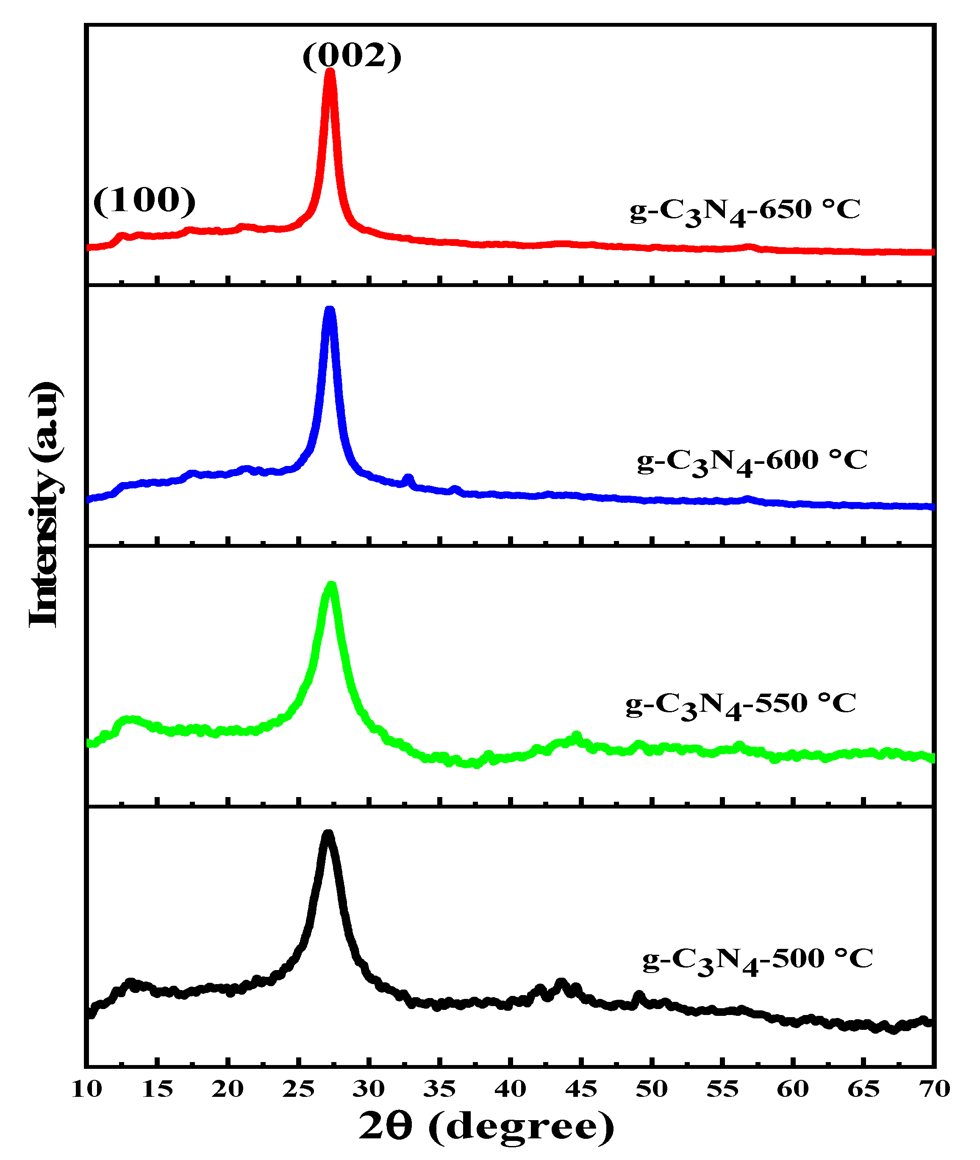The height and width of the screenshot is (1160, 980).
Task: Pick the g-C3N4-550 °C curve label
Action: (741, 705)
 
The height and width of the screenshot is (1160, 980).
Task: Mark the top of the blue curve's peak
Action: (330, 310)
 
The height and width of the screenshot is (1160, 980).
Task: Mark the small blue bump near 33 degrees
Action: (408, 479)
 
